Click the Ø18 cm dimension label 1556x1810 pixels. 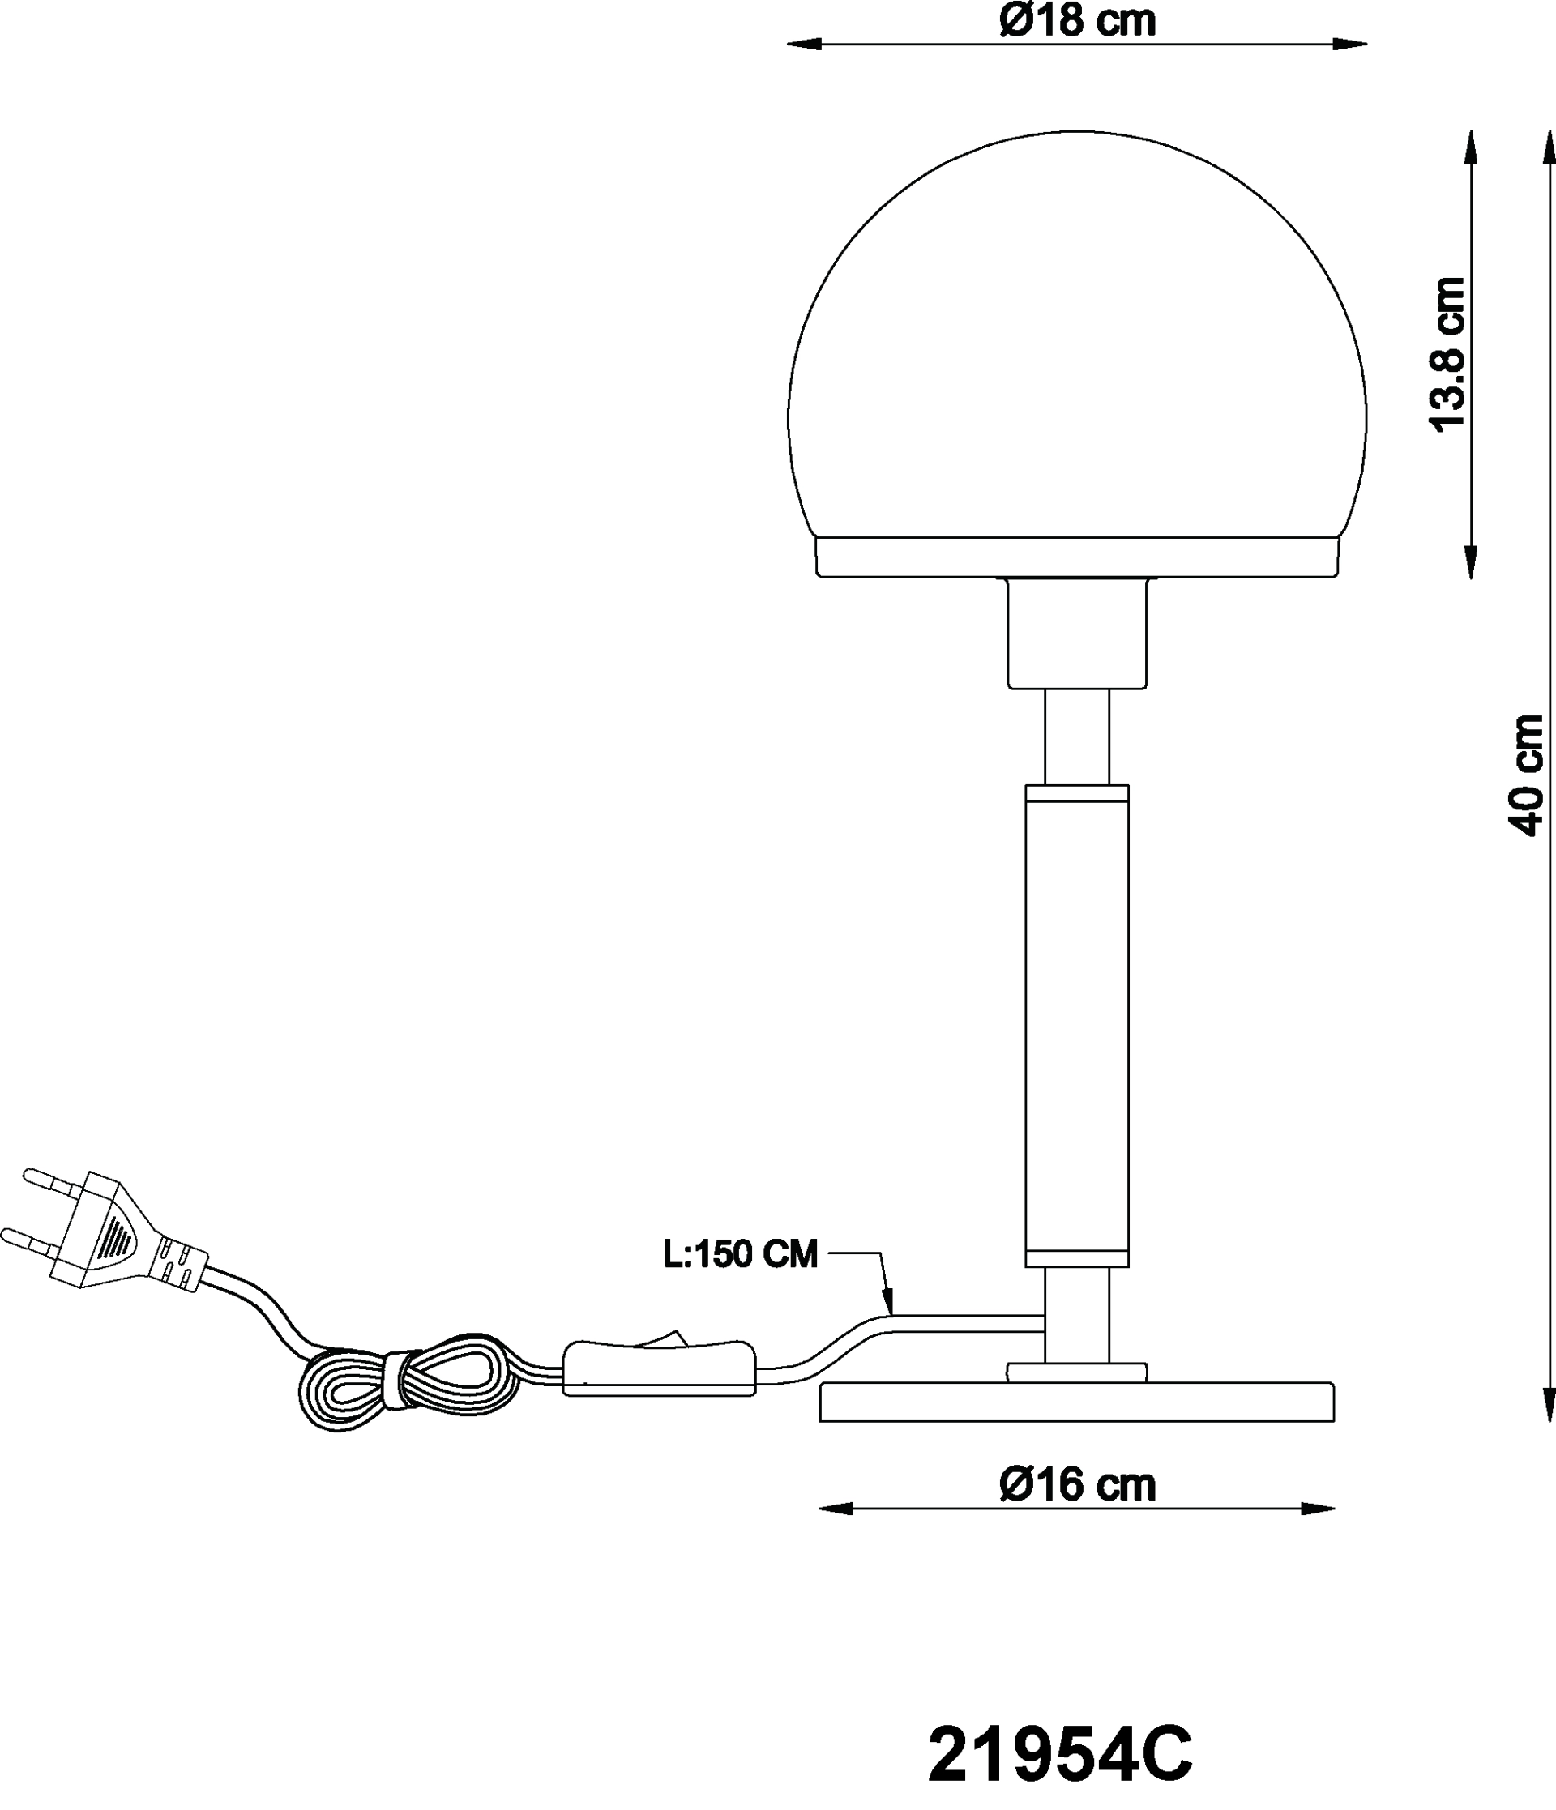click(x=1077, y=20)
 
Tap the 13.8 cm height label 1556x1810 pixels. click(x=1447, y=354)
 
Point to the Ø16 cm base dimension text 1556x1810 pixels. click(x=1077, y=1485)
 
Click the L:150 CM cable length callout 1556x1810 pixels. click(x=741, y=1253)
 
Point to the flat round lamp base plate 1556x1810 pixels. click(x=1077, y=1402)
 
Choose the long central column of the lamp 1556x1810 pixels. click(x=1077, y=1026)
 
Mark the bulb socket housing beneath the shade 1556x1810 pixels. click(x=1077, y=634)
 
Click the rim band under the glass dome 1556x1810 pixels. click(x=1077, y=557)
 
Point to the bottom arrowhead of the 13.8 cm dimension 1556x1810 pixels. click(x=1471, y=561)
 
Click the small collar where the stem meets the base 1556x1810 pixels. click(x=1077, y=1372)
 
